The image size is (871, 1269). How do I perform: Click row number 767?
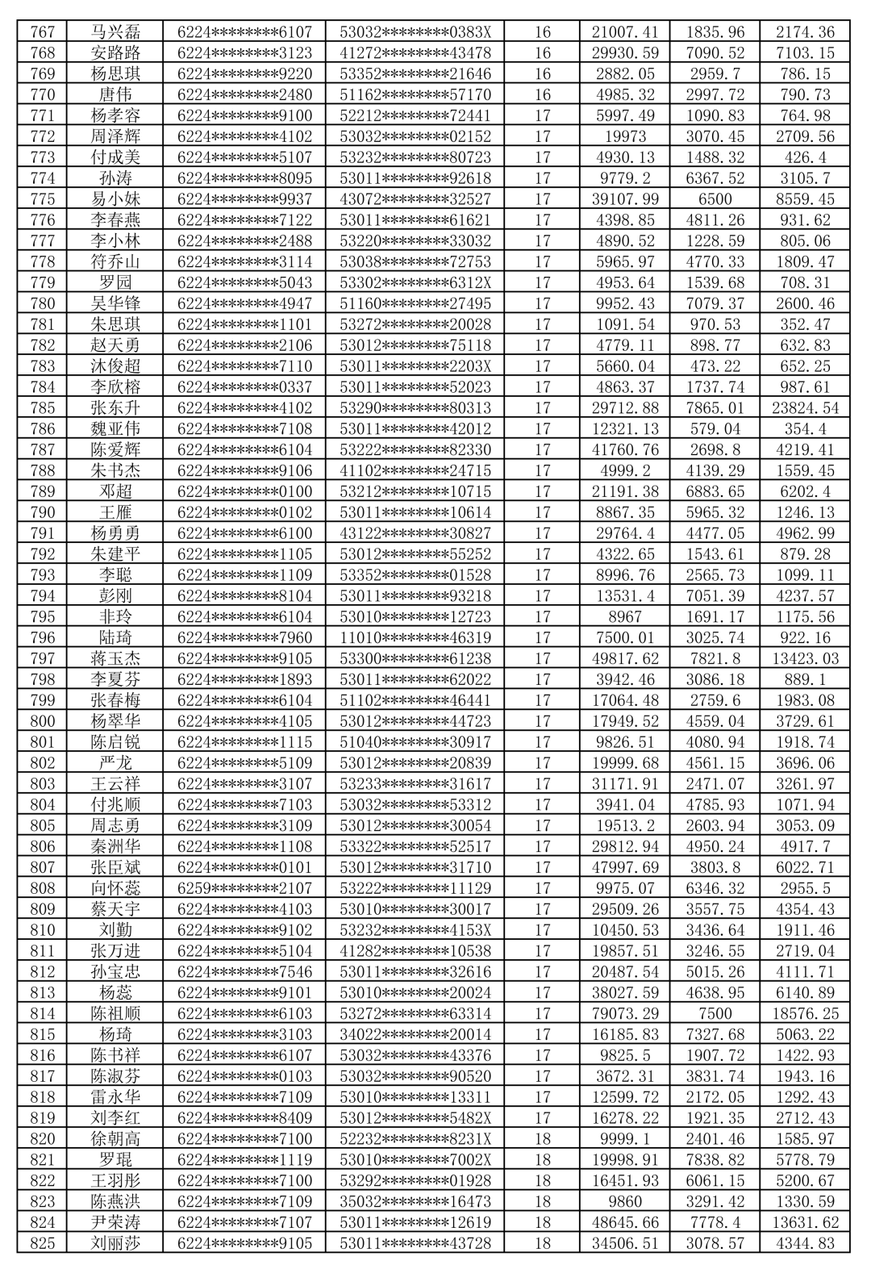point(42,32)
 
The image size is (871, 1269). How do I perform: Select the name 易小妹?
point(115,199)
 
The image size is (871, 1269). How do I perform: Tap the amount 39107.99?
point(625,199)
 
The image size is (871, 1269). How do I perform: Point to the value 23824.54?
point(805,408)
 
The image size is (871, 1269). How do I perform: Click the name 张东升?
point(115,408)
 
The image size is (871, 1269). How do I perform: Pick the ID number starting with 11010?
point(415,638)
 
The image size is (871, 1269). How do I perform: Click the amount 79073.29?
point(625,1014)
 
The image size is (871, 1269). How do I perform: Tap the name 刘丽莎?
point(115,1244)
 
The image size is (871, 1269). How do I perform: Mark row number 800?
point(42,721)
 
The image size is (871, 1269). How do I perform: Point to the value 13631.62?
point(805,1223)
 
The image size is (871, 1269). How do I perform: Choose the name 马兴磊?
point(115,32)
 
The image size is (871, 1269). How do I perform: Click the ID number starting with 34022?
point(415,1035)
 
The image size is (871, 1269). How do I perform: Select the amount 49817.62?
point(625,659)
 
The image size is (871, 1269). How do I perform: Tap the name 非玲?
point(115,617)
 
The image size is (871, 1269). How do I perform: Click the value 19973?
point(625,136)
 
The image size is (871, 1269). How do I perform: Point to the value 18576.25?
point(805,1014)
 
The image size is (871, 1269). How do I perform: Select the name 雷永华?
point(115,1097)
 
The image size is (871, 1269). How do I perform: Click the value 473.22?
point(715,366)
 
